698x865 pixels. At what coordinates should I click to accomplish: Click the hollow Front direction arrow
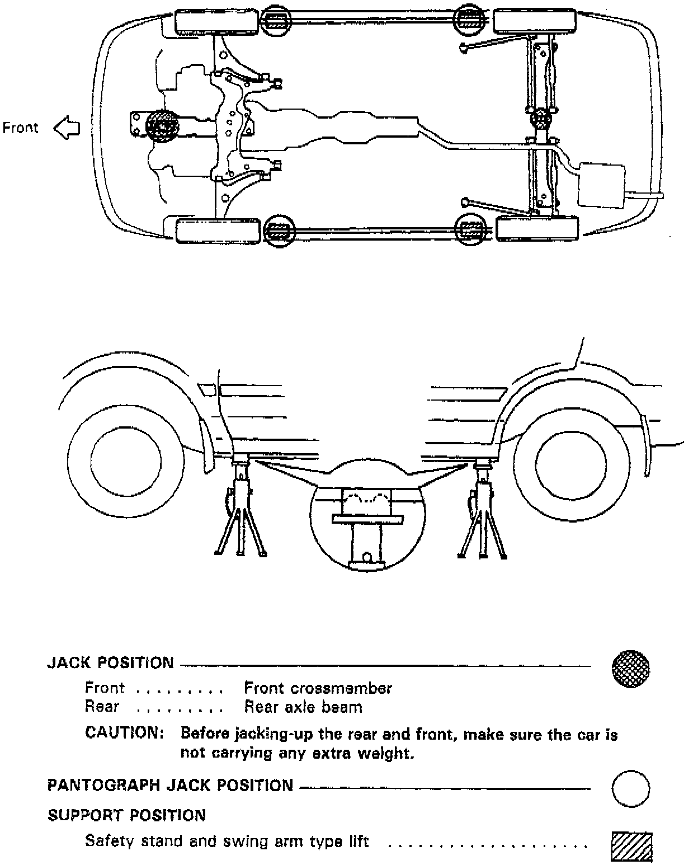(x=67, y=128)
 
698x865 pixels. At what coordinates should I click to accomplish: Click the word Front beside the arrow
(x=21, y=128)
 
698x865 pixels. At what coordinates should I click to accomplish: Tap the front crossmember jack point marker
(x=162, y=125)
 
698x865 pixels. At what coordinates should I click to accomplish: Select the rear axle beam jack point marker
(x=541, y=118)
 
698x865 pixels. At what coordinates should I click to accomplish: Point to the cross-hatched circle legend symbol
(x=631, y=668)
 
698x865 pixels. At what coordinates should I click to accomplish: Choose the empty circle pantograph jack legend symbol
(x=631, y=788)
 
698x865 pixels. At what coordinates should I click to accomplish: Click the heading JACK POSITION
(x=110, y=663)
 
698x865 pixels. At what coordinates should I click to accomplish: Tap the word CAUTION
(x=124, y=733)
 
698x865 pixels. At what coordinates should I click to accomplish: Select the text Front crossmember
(x=318, y=688)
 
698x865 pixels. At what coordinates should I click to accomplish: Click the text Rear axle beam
(x=303, y=707)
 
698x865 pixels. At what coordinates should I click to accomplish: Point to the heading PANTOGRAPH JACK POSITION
(x=170, y=786)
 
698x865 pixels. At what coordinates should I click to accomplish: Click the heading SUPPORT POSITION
(x=126, y=815)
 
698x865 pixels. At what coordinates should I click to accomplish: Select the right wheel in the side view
(x=570, y=463)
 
